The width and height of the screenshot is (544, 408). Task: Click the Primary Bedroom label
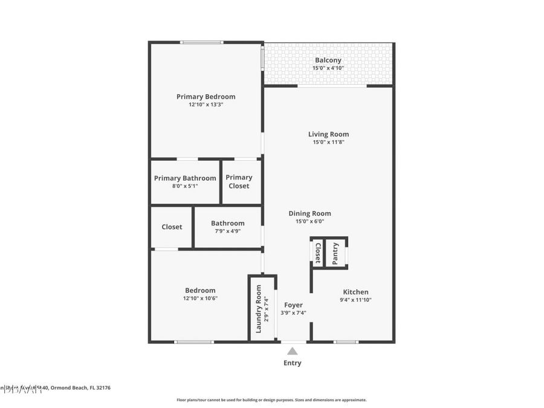206,97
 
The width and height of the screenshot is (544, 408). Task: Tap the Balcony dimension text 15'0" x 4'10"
328,68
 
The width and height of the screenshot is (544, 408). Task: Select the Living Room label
328,134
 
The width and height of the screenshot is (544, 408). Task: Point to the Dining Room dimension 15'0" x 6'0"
309,221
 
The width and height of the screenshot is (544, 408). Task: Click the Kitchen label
355,292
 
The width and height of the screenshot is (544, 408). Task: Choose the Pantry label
336,253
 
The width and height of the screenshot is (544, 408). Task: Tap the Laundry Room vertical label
259,308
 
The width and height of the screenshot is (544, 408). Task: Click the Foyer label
293,305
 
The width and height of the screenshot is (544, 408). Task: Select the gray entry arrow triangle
293,351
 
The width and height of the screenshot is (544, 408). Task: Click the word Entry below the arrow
293,363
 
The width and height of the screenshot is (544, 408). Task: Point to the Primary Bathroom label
185,178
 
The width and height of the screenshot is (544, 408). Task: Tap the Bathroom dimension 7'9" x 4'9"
228,231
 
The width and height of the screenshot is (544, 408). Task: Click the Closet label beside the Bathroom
172,227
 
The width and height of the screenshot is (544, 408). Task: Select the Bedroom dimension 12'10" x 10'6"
200,298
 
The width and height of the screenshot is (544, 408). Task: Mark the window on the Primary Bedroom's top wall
202,42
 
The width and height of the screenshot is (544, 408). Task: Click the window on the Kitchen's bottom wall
346,342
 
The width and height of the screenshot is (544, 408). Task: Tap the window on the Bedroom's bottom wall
193,342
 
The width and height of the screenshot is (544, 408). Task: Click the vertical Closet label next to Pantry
317,253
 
